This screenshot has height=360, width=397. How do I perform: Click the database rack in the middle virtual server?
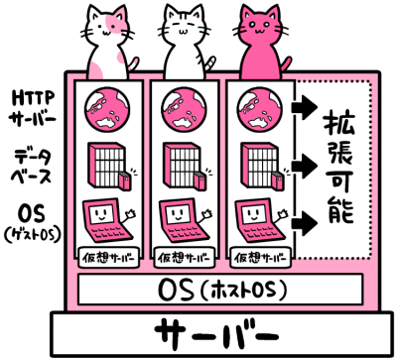point(180,165)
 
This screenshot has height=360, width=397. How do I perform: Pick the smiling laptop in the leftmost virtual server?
point(103,220)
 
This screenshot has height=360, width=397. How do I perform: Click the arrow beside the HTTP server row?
point(306,104)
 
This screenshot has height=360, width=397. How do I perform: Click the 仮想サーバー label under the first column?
point(105,258)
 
